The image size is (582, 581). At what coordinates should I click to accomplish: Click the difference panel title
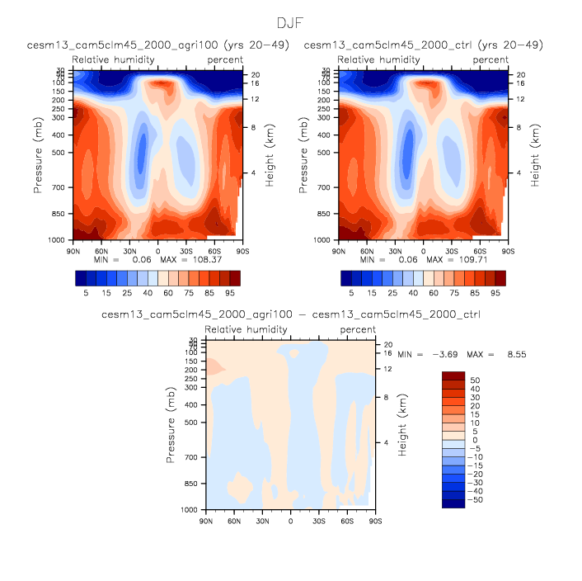[x=290, y=314]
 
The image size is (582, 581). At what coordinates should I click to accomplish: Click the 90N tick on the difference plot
[x=206, y=522]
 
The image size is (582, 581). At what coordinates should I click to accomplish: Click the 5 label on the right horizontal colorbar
[x=352, y=292]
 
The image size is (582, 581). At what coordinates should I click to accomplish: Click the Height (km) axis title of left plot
[x=270, y=155]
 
